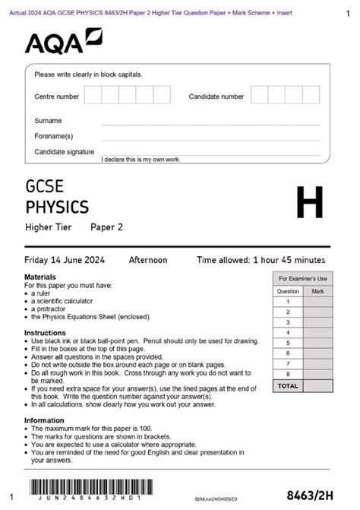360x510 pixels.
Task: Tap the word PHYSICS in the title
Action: tap(57, 207)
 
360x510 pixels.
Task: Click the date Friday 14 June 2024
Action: tap(65, 260)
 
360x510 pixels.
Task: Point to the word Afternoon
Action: tap(148, 260)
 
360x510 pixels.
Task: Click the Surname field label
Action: tap(48, 121)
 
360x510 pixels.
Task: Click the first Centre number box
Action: tap(93, 95)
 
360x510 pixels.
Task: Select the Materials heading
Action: tap(39, 277)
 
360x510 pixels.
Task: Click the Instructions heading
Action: tap(45, 333)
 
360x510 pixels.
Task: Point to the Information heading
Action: tap(44, 420)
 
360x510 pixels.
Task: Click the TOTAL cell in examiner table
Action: tap(288, 386)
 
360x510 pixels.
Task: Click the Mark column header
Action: tap(317, 291)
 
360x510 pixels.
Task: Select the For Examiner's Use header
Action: tap(302, 279)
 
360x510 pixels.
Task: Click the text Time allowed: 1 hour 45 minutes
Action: tap(263, 260)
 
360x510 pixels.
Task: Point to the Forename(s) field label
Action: tap(53, 136)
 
